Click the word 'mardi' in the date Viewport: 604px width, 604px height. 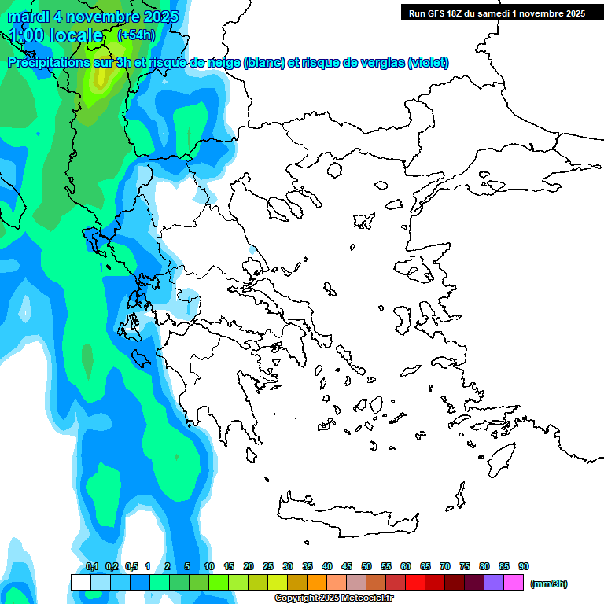pos(25,17)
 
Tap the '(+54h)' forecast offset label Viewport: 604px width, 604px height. pos(136,35)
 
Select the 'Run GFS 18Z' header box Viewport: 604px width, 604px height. pos(494,13)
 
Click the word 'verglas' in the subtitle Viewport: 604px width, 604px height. pos(374,63)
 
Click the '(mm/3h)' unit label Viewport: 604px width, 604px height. pos(548,584)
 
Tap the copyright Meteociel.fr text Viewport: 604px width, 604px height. pos(323,598)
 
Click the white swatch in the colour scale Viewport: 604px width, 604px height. pos(80,583)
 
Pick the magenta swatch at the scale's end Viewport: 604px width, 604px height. pos(514,583)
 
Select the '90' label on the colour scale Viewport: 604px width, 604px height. pos(524,567)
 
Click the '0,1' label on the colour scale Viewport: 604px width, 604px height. pos(91,567)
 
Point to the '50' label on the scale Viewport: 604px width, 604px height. pos(366,567)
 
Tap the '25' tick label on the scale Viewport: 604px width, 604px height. pos(268,567)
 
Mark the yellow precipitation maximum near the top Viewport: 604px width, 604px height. pos(100,79)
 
